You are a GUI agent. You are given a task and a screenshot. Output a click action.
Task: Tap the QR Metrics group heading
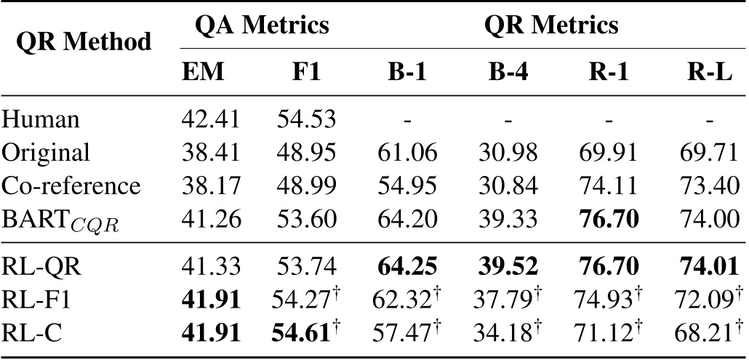pyautogui.click(x=552, y=26)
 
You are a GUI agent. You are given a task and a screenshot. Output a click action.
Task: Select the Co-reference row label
pyautogui.click(x=71, y=185)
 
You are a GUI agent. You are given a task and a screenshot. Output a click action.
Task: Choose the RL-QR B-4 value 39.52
pyautogui.click(x=503, y=267)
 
